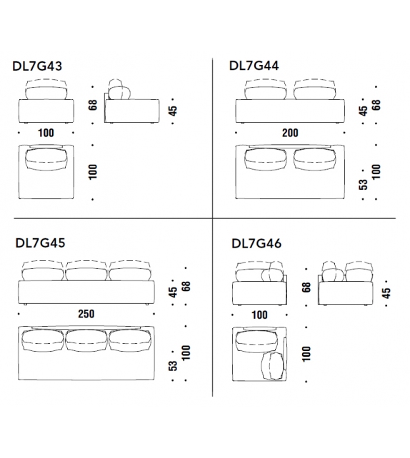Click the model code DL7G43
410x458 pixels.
point(37,66)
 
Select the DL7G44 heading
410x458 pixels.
point(254,66)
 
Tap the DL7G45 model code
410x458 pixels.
point(40,243)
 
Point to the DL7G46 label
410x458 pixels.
point(256,243)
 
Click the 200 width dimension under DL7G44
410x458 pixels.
point(290,133)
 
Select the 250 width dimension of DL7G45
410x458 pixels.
point(86,314)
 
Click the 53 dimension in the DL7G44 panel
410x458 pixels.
point(363,185)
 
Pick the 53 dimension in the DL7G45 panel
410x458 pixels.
point(173,366)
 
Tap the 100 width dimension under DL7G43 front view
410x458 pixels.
point(46,133)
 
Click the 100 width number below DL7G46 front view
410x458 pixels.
point(259,315)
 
